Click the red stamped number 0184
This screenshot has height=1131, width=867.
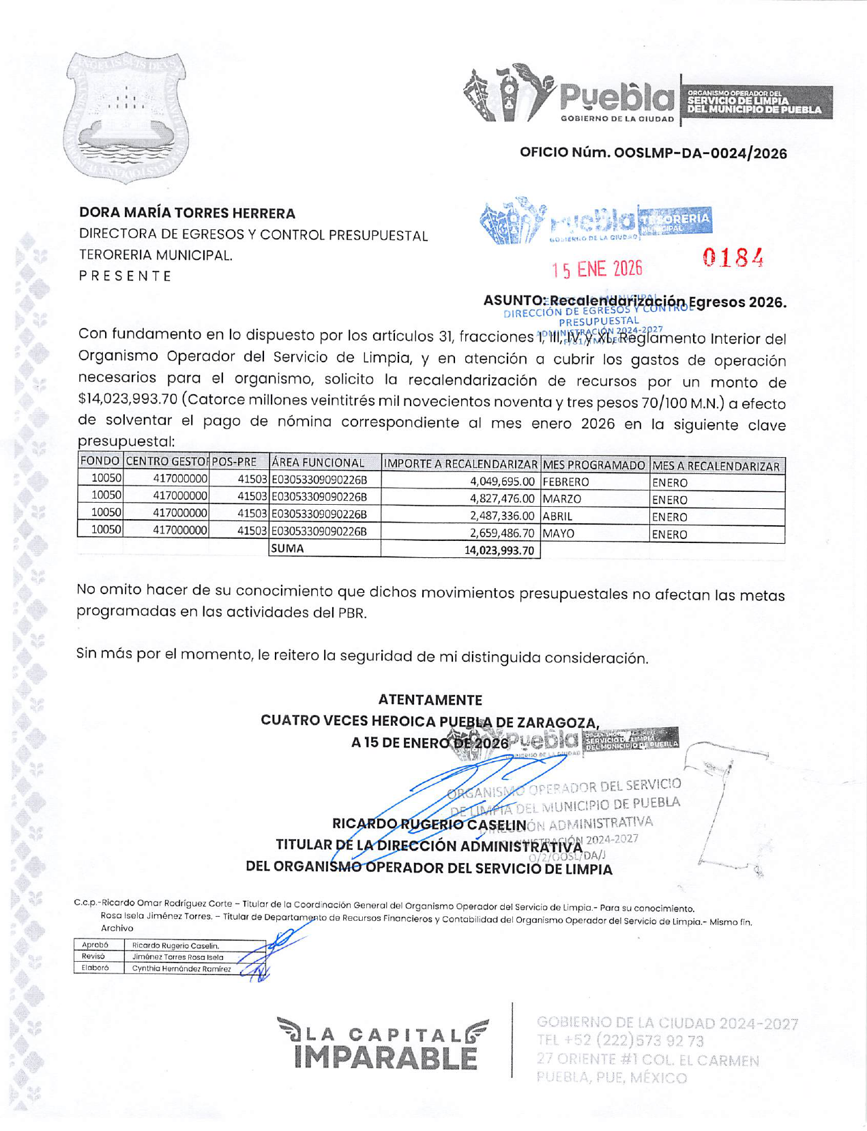pos(733,258)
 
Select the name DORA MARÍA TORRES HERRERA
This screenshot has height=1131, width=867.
pos(187,214)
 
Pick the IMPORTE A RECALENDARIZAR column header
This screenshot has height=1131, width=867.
pos(460,465)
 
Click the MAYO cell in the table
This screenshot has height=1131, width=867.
pos(559,533)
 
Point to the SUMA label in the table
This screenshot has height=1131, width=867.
pos(287,548)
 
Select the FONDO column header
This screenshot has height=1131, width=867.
pos(100,461)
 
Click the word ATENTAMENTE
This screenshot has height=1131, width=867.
pos(430,700)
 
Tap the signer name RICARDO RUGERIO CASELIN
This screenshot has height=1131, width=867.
pos(429,824)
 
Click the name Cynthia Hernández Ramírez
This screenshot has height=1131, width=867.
pos(181,969)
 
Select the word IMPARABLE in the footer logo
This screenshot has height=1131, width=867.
pos(385,1058)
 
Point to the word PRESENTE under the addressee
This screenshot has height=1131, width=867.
pos(125,276)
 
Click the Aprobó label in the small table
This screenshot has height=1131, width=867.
pos(95,945)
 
